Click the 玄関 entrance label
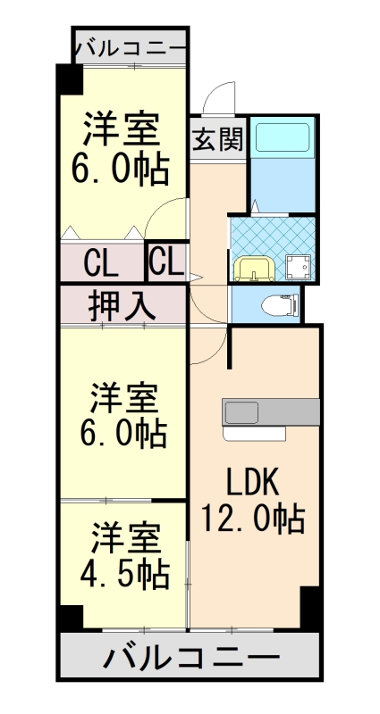(217, 139)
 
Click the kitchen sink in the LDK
(241, 413)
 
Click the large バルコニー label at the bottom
(189, 660)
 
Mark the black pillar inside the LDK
(309, 607)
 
